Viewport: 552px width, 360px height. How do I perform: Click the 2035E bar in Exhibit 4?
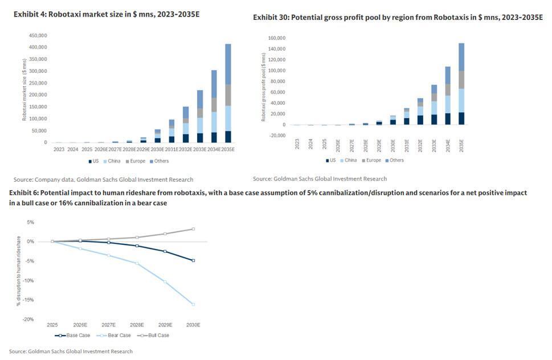(228, 93)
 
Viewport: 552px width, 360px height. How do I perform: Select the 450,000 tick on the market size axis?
(38, 35)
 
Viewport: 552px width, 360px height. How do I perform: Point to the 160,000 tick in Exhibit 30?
(277, 38)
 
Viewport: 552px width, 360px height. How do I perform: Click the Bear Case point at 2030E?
(193, 304)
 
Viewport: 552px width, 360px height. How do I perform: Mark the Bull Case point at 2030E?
(193, 229)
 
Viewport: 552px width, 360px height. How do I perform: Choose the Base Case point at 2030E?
(193, 260)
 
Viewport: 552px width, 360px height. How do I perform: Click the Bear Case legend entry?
(116, 335)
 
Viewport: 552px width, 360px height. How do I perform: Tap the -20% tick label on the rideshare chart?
(27, 319)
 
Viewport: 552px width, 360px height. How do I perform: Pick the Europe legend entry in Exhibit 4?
(134, 161)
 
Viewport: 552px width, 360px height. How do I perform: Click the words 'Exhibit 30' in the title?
(271, 18)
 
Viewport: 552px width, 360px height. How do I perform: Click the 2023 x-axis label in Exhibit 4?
(59, 150)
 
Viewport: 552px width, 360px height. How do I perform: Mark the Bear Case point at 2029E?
(165, 281)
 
